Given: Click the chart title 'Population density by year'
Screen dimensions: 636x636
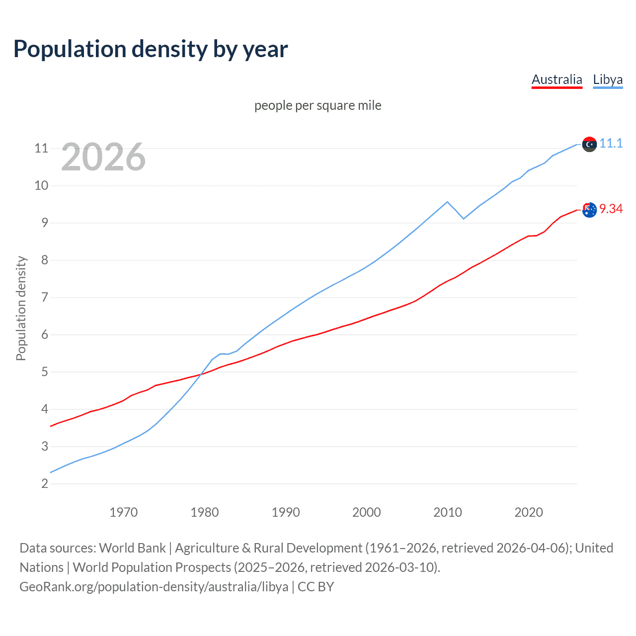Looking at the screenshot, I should pos(151,49).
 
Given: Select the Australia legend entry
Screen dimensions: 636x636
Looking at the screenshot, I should pos(556,79).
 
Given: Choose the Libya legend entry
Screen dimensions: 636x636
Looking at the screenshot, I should pos(608,79).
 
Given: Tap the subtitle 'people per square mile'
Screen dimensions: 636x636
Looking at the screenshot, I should pos(318,105).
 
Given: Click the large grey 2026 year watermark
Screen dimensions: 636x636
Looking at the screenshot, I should pos(103,157).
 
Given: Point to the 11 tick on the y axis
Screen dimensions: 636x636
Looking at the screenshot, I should pos(41,148).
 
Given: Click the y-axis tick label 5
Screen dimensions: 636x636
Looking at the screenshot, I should pos(45,372).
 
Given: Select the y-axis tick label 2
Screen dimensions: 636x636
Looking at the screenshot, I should pos(45,483).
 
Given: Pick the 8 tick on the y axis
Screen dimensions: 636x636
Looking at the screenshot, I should pos(45,260).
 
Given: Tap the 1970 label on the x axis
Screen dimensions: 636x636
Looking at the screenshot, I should pos(123,512).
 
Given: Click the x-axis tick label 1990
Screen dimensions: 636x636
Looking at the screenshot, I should pos(285,512).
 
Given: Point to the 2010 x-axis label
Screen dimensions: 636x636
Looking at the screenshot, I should pos(447,512).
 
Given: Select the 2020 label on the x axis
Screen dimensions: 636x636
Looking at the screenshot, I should pos(528,512).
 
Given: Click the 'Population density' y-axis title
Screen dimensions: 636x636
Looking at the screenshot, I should pos(21,308).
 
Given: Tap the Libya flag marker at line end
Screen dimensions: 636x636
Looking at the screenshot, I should pos(589,144).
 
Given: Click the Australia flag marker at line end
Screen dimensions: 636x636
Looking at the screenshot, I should pos(589,210).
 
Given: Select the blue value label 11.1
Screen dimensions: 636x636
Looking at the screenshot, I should pos(611,143).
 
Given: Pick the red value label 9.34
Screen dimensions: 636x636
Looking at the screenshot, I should pos(611,209).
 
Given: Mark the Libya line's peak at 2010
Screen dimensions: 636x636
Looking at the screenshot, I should pos(447,202).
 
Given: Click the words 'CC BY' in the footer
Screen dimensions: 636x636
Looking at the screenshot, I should pos(316,586).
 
